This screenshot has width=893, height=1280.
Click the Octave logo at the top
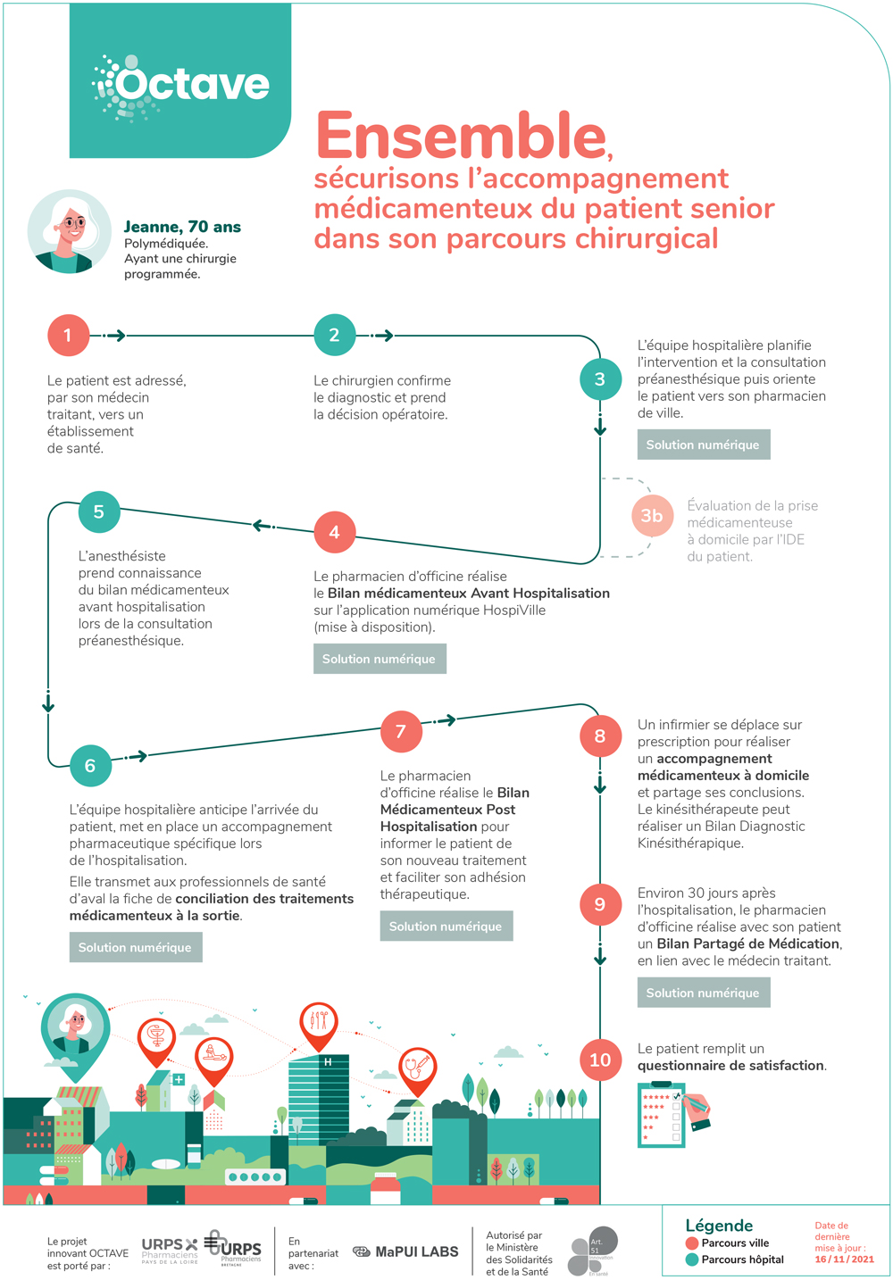(180, 86)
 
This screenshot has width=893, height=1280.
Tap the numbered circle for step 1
(68, 336)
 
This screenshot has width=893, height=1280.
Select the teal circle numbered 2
(334, 336)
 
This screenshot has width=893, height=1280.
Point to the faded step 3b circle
(652, 516)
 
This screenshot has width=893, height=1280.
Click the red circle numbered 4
(334, 533)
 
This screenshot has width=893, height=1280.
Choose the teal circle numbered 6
(90, 766)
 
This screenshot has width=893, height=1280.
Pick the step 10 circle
(600, 1060)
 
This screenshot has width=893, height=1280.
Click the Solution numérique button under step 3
(703, 445)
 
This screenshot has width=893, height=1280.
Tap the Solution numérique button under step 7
(446, 927)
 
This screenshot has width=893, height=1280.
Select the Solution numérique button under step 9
(703, 993)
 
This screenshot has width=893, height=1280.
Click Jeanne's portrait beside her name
(70, 231)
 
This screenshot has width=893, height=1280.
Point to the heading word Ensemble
(462, 137)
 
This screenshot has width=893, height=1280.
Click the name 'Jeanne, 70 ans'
(182, 227)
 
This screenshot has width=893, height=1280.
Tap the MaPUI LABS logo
(406, 1251)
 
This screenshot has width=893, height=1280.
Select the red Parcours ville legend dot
(691, 1243)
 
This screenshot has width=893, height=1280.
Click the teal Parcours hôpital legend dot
(691, 1259)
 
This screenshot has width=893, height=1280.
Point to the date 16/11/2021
(844, 1259)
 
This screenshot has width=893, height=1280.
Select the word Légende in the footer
(719, 1226)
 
